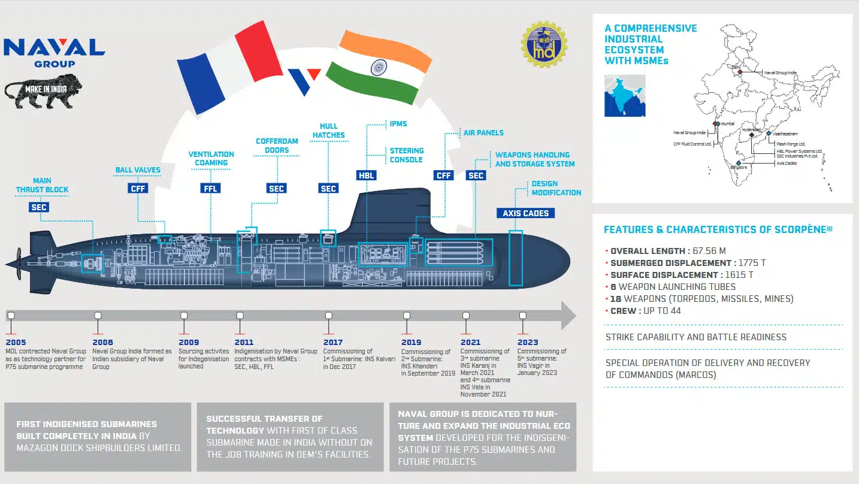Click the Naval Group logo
[55, 53]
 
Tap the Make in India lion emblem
[44, 91]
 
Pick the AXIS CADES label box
[525, 213]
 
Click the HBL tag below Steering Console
[365, 176]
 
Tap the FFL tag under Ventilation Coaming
[210, 188]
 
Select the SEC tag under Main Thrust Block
[38, 207]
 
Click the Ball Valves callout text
[138, 170]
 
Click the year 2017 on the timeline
[333, 343]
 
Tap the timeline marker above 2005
[11, 315]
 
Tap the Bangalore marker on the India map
[739, 163]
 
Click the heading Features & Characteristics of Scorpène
[718, 229]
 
